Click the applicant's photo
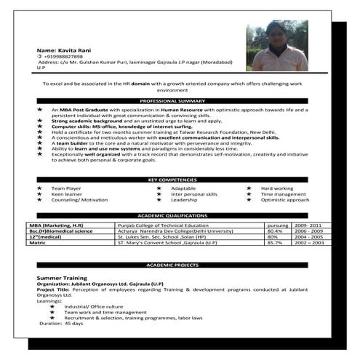pyautogui.click(x=276, y=45)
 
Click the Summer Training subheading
pyautogui.click(x=61, y=278)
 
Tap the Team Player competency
pyautogui.click(x=66, y=188)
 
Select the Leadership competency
pyautogui.click(x=184, y=200)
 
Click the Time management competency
pyautogui.click(x=284, y=194)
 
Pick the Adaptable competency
pyautogui.click(x=184, y=188)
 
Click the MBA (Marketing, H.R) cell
pyautogui.click(x=57, y=226)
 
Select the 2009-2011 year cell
pyautogui.click(x=306, y=226)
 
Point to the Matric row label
pyautogui.click(x=37, y=243)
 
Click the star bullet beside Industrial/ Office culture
pyautogui.click(x=52, y=306)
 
